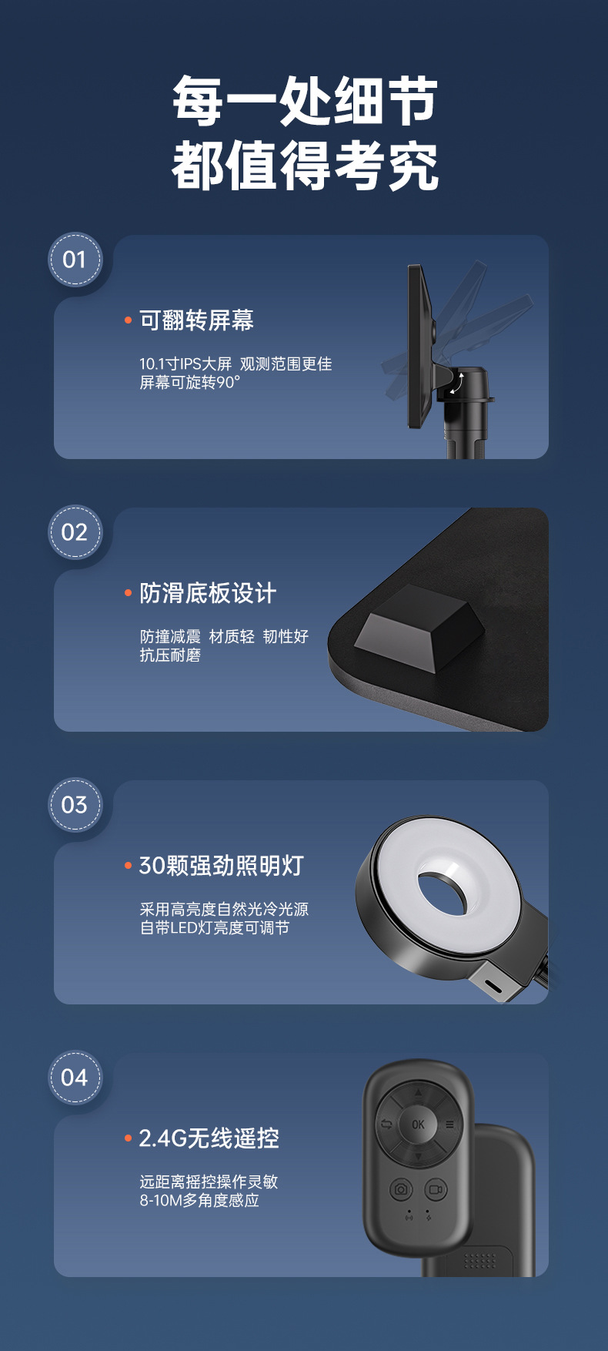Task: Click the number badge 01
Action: (x=75, y=260)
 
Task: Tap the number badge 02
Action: (x=75, y=532)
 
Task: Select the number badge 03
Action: (x=75, y=805)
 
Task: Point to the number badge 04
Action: (x=75, y=1078)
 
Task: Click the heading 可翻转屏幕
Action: (x=196, y=320)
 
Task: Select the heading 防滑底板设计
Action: (x=208, y=593)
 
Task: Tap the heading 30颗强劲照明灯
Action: (x=221, y=866)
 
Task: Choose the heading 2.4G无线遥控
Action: (x=209, y=1138)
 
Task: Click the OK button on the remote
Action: (x=418, y=1124)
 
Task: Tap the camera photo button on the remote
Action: (x=401, y=1189)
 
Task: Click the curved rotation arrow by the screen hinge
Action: (x=457, y=383)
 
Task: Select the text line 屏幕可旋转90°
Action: (x=189, y=383)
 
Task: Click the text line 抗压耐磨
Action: (x=170, y=655)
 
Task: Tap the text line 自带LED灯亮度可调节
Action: (x=215, y=928)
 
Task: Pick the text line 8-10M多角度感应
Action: (x=199, y=1201)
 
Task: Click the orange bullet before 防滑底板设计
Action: (x=129, y=593)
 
